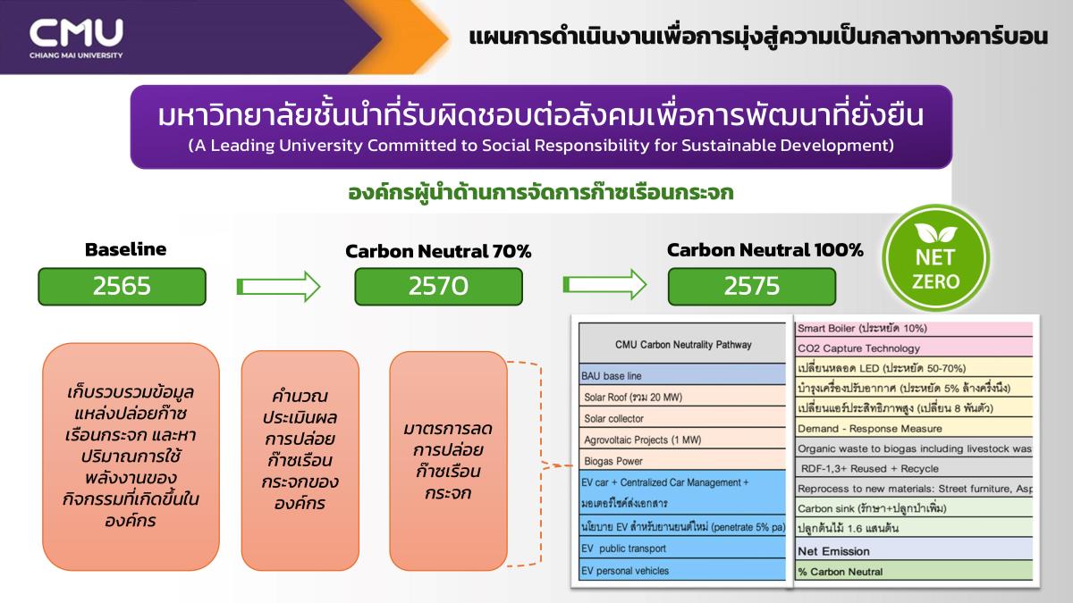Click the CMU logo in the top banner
click(76, 38)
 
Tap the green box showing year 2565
click(123, 286)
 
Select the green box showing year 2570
click(438, 286)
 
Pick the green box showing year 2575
click(752, 286)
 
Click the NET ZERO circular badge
click(935, 258)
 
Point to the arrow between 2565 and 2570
click(278, 287)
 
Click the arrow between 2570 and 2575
click(605, 284)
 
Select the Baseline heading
click(125, 249)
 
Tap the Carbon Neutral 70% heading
click(438, 251)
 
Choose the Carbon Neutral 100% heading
click(765, 250)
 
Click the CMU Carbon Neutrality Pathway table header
click(682, 344)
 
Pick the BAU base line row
click(682, 375)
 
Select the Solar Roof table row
click(682, 397)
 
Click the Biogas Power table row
click(682, 460)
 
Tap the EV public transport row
click(682, 548)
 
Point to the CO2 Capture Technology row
click(914, 348)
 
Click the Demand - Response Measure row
click(914, 428)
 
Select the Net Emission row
click(914, 551)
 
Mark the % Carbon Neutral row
click(914, 572)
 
